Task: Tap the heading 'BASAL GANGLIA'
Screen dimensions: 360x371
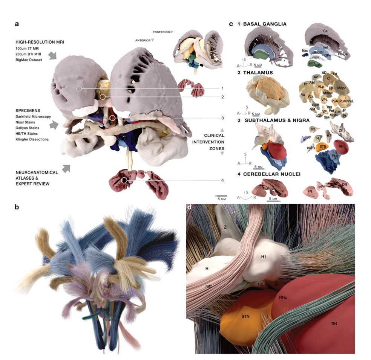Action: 265,24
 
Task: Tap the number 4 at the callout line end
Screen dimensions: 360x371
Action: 222,180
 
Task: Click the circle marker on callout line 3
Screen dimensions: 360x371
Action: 112,118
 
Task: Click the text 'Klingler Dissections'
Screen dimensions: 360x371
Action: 32,139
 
